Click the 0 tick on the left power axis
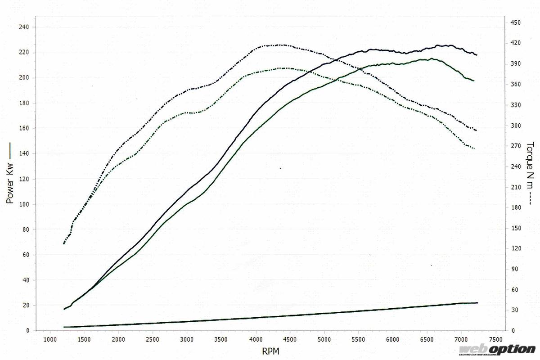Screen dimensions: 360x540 (27, 331)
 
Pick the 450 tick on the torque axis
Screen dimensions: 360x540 (515, 22)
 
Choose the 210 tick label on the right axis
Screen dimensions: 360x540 (515, 187)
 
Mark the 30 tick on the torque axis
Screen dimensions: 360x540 (514, 310)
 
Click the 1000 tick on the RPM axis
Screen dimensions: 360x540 (49, 339)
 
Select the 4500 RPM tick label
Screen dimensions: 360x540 (290, 339)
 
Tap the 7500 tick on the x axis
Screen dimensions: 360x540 (495, 339)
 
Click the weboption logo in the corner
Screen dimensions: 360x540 (497, 349)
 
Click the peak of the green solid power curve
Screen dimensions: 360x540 (431, 58)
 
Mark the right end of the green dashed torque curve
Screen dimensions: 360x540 (474, 148)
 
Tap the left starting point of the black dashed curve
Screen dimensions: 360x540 (64, 243)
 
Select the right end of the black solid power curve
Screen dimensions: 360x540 (477, 54)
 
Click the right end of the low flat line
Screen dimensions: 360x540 (477, 303)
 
